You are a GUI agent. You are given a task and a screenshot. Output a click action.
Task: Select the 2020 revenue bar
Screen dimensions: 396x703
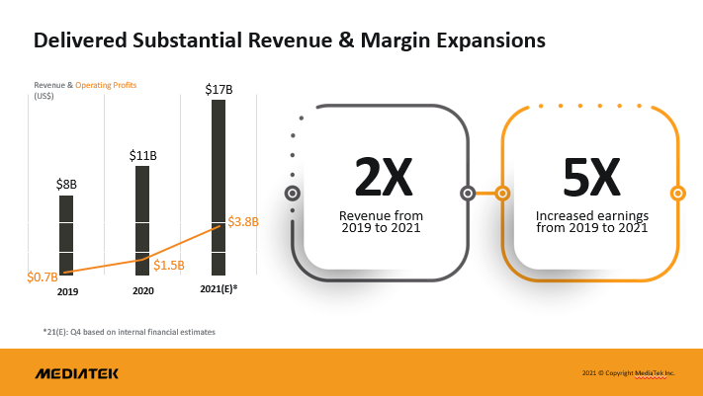pyautogui.click(x=142, y=217)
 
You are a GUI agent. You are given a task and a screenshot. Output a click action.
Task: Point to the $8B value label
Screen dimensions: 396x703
pyautogui.click(x=66, y=184)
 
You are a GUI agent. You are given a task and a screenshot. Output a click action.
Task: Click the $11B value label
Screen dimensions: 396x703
pyautogui.click(x=142, y=155)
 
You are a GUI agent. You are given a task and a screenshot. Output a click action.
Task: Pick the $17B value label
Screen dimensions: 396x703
pyautogui.click(x=219, y=90)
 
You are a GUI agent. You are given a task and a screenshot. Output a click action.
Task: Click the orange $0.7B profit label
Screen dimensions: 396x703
pyautogui.click(x=43, y=277)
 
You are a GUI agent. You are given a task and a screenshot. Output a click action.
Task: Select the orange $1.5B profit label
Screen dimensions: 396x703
pyautogui.click(x=169, y=265)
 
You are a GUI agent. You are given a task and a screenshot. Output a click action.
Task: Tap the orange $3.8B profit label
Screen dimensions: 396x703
pyautogui.click(x=243, y=222)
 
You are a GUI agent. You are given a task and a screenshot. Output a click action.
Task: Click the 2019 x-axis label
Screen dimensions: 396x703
pyautogui.click(x=67, y=292)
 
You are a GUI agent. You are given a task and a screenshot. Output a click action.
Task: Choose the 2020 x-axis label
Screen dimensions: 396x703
pyautogui.click(x=143, y=292)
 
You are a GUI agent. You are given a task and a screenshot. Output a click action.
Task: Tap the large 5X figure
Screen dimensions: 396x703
pyautogui.click(x=590, y=178)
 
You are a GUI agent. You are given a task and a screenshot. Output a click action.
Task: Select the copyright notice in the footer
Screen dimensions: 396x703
pyautogui.click(x=628, y=373)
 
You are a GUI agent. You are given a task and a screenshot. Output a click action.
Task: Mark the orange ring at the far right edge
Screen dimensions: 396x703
pyautogui.click(x=677, y=193)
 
